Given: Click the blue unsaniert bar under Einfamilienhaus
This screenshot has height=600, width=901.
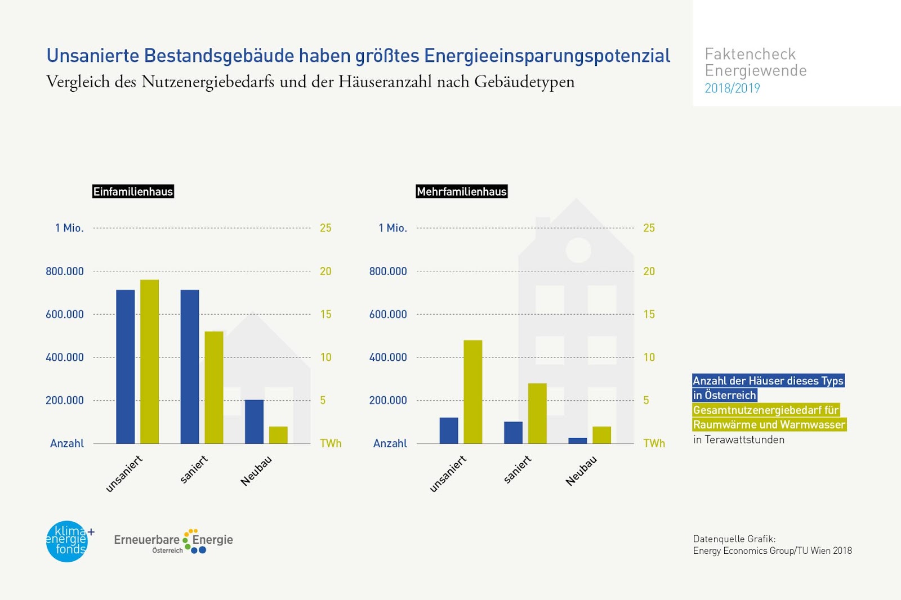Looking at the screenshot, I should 126,366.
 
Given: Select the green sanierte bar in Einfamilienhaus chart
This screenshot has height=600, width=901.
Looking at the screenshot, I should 214,387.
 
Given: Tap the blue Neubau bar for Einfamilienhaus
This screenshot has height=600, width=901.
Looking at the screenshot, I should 254,422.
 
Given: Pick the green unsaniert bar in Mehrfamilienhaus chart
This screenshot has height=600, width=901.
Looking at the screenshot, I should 473,392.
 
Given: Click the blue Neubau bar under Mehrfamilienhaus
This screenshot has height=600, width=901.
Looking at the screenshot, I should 578,441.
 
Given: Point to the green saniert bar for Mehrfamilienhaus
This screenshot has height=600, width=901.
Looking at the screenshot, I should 537,413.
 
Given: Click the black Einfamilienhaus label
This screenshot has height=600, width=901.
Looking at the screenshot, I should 133,191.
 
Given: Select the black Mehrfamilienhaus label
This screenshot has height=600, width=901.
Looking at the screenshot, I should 462,191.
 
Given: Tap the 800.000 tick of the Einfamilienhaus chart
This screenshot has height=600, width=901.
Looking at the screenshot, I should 65,271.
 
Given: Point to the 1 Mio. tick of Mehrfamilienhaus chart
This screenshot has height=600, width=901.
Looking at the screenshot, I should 392,228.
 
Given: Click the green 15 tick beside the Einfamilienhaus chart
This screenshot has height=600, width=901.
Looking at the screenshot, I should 325,314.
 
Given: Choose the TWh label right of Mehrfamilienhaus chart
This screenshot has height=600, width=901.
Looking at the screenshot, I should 654,444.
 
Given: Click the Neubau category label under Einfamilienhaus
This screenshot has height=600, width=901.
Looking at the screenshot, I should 257,471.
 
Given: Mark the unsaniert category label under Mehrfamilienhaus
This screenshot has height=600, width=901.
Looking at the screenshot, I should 448,473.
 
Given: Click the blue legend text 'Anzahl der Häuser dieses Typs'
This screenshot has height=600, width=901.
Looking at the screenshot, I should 768,381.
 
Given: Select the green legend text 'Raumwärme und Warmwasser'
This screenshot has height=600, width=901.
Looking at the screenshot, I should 769,425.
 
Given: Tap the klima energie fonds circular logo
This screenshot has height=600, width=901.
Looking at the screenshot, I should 68,541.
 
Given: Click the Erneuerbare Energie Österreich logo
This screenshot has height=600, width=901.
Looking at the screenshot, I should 173,541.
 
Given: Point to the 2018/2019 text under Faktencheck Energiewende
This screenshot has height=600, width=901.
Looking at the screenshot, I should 732,88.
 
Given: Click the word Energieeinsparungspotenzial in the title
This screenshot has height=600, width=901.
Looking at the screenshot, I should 547,56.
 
